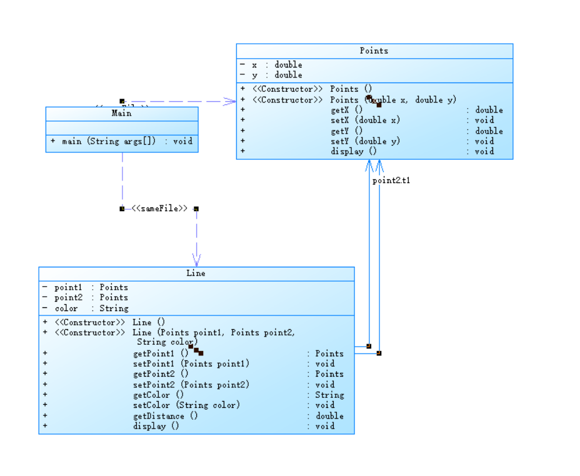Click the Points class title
tap(374, 51)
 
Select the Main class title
tap(121, 113)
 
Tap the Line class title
tap(196, 273)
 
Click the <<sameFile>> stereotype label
tap(159, 209)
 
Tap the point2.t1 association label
tap(391, 181)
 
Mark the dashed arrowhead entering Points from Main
tap(229, 101)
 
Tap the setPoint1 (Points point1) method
tap(191, 364)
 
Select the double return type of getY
tap(489, 131)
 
